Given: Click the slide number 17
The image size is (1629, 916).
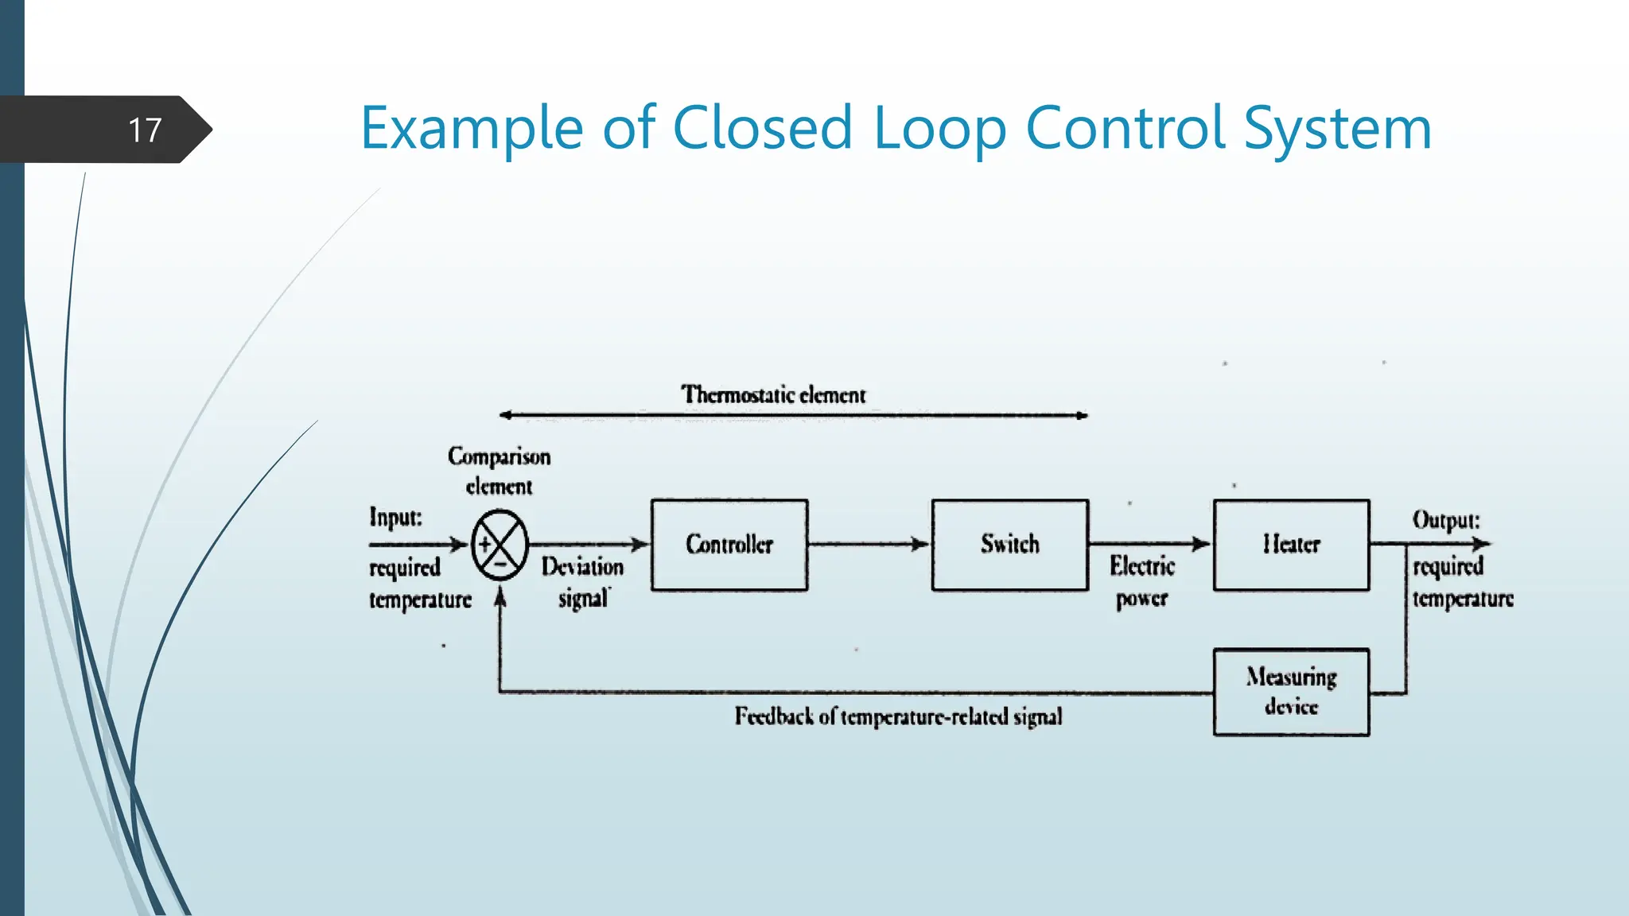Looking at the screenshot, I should tap(145, 130).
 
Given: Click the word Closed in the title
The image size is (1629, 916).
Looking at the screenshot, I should tap(763, 128).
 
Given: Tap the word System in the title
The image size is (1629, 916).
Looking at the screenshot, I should tap(1337, 128).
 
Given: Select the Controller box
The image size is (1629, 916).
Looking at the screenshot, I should tap(729, 545).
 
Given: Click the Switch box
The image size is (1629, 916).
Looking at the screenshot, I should tap(1009, 545).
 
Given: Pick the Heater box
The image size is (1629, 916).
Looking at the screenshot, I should tap(1291, 545).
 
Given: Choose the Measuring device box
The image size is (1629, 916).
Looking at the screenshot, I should tap(1291, 692).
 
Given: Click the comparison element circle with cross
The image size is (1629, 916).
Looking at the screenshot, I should tap(500, 545).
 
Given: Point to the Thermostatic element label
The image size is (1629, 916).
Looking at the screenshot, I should tap(773, 394).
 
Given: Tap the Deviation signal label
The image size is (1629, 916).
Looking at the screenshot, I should tap(583, 581).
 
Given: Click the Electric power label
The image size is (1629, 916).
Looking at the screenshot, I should tap(1142, 581).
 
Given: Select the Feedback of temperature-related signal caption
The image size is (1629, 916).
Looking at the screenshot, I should tap(898, 716).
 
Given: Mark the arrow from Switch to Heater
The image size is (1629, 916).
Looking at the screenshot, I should tap(1149, 543).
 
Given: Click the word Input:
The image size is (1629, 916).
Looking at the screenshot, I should tap(395, 517).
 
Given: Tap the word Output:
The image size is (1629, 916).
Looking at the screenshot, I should tap(1445, 520).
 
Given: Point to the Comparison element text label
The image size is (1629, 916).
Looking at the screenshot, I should tap(499, 471).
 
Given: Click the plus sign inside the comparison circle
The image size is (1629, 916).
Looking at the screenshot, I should tap(484, 545).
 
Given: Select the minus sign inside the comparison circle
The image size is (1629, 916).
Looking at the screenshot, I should tap(500, 564).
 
